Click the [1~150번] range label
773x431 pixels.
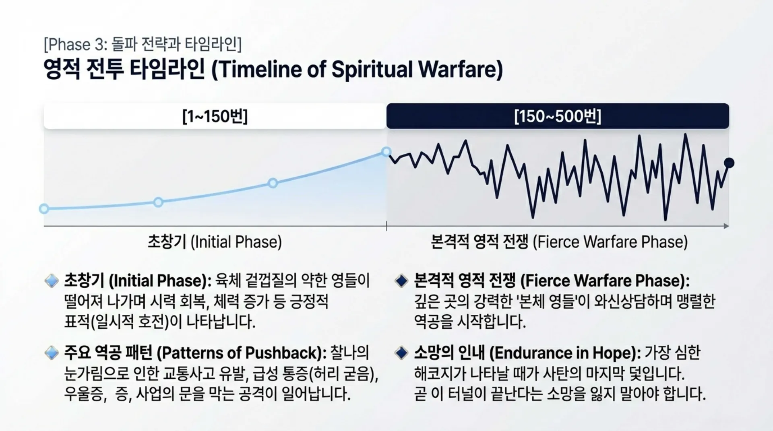215,117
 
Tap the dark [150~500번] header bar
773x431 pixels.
558,116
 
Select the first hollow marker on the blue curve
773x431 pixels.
44,208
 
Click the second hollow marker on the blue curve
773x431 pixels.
158,202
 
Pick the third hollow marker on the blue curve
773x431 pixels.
273,183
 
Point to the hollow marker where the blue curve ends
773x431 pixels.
386,152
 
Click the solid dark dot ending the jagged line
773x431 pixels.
729,163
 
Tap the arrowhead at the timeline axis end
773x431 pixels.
726,226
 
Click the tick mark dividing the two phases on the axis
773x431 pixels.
386,226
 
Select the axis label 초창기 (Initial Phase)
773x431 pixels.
215,242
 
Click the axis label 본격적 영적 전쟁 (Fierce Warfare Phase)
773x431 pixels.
559,242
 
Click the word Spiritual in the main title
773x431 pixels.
372,69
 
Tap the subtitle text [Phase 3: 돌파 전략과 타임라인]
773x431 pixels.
143,45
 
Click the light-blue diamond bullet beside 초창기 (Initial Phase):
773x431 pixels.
52,280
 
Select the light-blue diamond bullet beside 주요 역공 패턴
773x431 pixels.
52,353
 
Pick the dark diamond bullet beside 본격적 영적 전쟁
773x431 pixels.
401,280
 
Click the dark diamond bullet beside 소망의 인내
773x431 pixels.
401,353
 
